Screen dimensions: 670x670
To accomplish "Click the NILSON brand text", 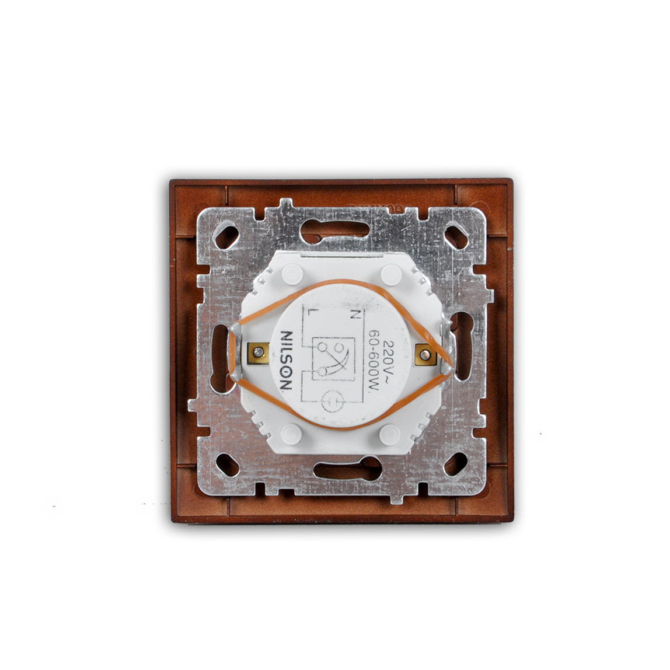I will [288, 360].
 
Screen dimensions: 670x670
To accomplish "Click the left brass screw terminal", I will [257, 353].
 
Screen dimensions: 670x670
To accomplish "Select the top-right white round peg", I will [389, 273].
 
